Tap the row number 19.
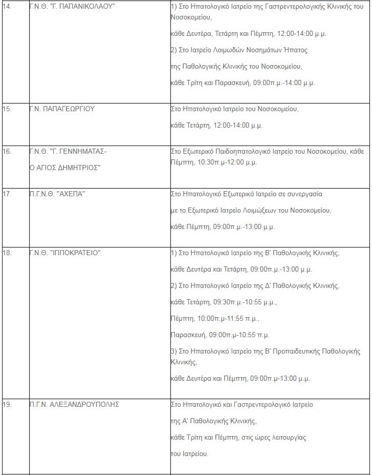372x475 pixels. click(x=7, y=404)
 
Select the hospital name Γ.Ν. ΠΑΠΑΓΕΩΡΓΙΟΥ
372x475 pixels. click(x=62, y=109)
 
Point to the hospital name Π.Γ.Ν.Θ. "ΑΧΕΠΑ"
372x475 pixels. click(x=57, y=194)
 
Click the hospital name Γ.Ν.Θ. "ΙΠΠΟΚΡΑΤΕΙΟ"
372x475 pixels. click(x=65, y=253)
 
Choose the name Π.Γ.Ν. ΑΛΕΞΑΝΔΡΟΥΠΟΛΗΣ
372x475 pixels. click(x=74, y=404)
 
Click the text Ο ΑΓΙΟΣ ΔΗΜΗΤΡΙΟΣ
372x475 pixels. click(x=65, y=168)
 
